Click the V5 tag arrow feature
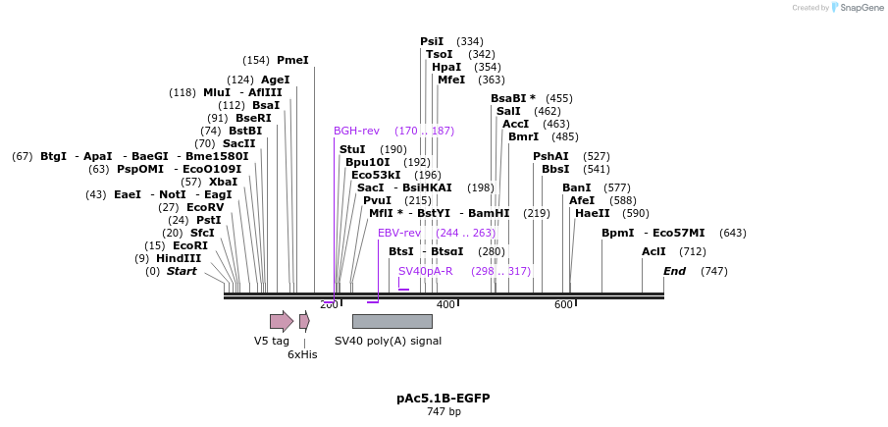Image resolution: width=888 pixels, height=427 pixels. [x=282, y=321]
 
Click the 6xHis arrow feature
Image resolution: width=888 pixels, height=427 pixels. [x=304, y=321]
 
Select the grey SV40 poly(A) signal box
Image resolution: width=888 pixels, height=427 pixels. [x=392, y=321]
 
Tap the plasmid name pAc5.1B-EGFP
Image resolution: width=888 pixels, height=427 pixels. [x=444, y=398]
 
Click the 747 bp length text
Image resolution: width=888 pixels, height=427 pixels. [x=444, y=411]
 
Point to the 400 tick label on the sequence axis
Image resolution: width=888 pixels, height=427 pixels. [x=445, y=304]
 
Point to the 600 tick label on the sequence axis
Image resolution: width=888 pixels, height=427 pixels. [x=563, y=304]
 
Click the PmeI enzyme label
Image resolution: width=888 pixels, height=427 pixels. [x=292, y=60]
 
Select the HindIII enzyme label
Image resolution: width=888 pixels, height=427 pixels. [x=179, y=258]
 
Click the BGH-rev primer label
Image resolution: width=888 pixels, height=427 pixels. [x=356, y=131]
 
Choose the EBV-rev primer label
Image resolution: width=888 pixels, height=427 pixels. [x=399, y=233]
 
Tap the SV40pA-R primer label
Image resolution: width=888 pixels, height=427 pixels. [x=425, y=271]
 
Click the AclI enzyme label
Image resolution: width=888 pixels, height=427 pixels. [x=653, y=251]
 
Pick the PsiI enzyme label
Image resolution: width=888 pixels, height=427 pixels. [x=432, y=41]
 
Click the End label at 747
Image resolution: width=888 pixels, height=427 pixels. [x=674, y=271]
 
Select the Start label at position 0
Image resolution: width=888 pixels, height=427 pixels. [x=182, y=271]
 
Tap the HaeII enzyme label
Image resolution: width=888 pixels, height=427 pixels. [x=593, y=213]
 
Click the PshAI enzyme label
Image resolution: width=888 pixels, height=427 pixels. [x=550, y=156]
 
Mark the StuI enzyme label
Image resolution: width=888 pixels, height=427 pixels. [x=352, y=149]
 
